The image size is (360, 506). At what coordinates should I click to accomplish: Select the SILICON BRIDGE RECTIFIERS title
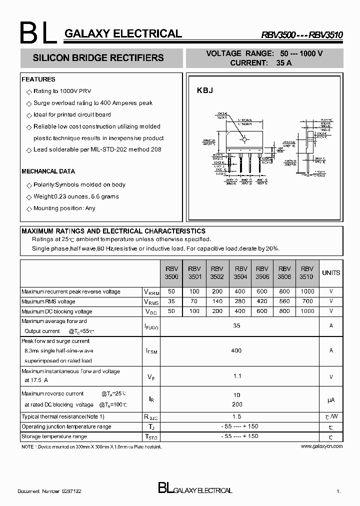tap(98, 58)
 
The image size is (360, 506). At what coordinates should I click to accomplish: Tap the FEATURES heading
tap(38, 79)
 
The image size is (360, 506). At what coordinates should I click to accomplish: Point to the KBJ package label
tap(205, 90)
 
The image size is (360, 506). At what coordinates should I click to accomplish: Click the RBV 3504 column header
tap(241, 272)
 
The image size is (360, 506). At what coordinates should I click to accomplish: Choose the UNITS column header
tap(331, 273)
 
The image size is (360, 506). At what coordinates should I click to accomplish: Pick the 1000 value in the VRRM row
tap(307, 291)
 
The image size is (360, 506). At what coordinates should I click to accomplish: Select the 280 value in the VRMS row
tap(239, 301)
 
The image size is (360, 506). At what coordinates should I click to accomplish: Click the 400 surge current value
tap(237, 351)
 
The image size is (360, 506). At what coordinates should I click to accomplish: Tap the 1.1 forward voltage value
tap(237, 375)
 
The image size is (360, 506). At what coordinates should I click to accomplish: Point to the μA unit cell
tap(331, 400)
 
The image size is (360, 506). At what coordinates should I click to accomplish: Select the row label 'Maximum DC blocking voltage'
tap(57, 311)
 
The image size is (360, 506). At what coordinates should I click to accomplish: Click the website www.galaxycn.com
tap(322, 445)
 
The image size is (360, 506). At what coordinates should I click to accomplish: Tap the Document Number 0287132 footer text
tap(49, 491)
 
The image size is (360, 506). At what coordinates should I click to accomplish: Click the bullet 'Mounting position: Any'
tap(64, 208)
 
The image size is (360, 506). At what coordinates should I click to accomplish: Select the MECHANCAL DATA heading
tap(48, 171)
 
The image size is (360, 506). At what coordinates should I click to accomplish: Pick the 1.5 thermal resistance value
tap(237, 416)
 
